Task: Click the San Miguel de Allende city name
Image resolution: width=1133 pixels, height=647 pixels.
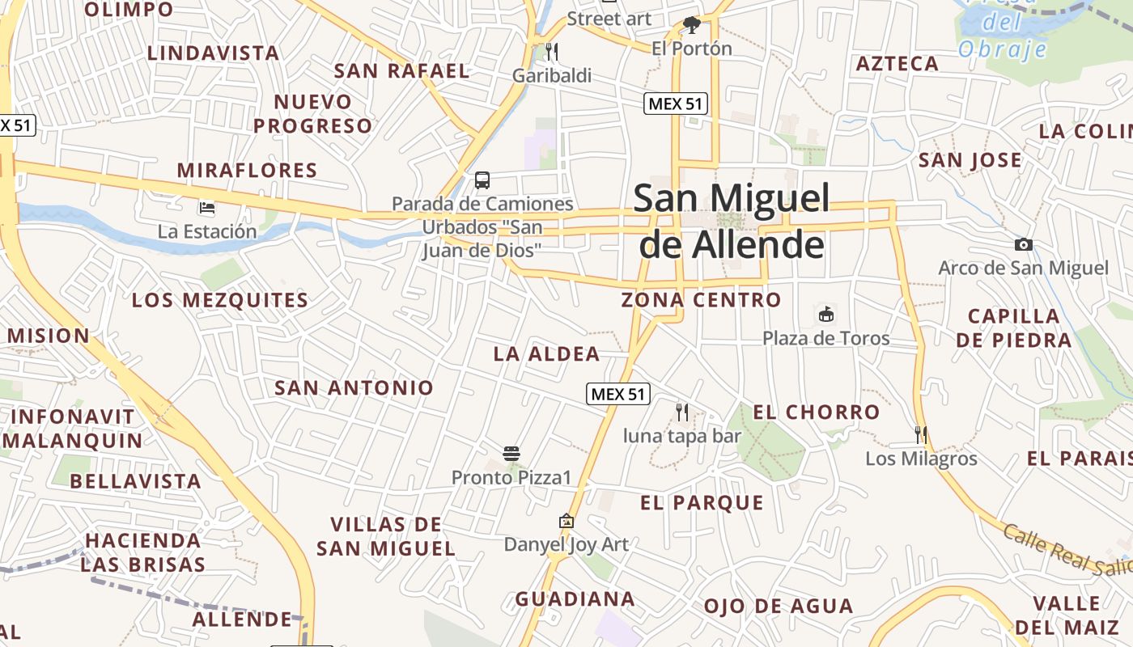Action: click(x=732, y=221)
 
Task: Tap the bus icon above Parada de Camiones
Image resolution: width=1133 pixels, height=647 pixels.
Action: click(x=482, y=180)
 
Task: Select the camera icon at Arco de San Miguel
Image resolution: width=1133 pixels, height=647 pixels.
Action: click(x=1024, y=244)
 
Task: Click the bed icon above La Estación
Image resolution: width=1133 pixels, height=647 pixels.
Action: click(x=207, y=208)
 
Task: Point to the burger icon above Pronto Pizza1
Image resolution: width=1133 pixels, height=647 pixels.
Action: click(x=511, y=454)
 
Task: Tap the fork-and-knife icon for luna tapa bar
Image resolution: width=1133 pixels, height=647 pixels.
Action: click(x=682, y=412)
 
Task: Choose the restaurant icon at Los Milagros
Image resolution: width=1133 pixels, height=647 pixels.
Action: click(x=921, y=434)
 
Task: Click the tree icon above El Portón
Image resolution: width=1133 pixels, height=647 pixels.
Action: click(x=691, y=25)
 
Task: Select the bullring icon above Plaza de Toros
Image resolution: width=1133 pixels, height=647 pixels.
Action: click(x=826, y=314)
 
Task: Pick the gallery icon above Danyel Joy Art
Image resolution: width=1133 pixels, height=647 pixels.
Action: click(x=566, y=522)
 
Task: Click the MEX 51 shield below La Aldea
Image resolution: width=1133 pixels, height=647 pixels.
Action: click(x=618, y=394)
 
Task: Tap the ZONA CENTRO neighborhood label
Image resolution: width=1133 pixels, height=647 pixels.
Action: click(x=701, y=300)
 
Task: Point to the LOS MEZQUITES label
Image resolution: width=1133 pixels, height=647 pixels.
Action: click(x=220, y=300)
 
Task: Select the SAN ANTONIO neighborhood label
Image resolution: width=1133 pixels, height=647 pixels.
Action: click(x=354, y=387)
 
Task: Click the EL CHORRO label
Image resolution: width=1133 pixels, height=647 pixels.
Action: click(x=816, y=412)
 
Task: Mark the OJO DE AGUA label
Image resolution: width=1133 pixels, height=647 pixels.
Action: click(x=778, y=606)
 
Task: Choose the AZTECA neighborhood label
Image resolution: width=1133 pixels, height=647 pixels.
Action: click(x=897, y=63)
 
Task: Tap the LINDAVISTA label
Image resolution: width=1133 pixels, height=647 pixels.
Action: click(x=213, y=53)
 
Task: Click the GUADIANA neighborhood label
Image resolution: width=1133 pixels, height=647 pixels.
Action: click(x=575, y=599)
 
